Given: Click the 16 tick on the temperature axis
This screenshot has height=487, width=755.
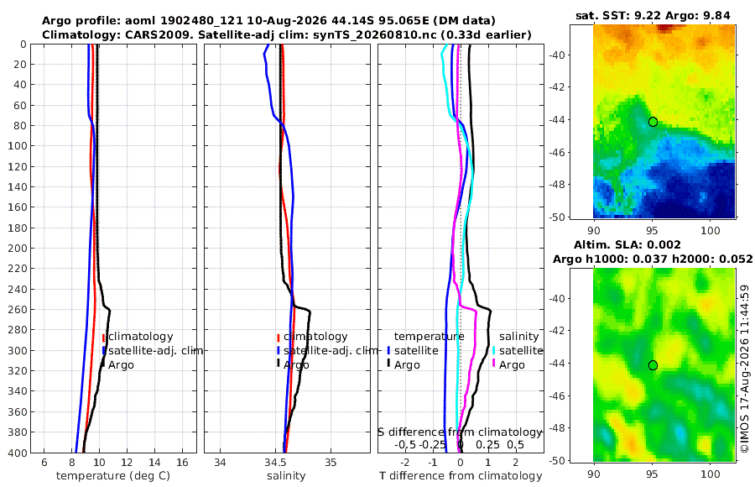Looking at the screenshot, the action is coord(182,463).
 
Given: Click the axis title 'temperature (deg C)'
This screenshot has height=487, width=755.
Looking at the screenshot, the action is coord(113,476).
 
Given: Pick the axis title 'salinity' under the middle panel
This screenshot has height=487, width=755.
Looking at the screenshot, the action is coord(287,476).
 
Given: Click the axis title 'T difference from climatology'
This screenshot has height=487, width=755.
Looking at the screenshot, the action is coord(461,476).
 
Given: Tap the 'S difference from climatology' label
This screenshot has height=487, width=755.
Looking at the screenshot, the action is coord(460,432).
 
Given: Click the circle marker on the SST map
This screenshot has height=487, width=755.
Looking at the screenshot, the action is coord(653,122).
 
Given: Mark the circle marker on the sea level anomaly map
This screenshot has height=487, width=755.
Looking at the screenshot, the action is coord(653,365).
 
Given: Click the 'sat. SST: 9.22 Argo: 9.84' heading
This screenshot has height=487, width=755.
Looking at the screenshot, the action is coord(653,16).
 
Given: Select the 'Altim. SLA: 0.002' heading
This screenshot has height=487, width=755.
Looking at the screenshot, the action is coord(627,245).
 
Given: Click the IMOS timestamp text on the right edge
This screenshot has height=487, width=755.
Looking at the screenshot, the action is coord(745,369).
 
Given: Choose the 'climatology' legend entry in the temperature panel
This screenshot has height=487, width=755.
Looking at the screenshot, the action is coord(141,337).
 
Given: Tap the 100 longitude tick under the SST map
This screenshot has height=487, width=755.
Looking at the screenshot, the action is coord(711,230).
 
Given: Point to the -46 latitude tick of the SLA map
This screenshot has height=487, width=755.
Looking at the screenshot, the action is coord(557,395).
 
